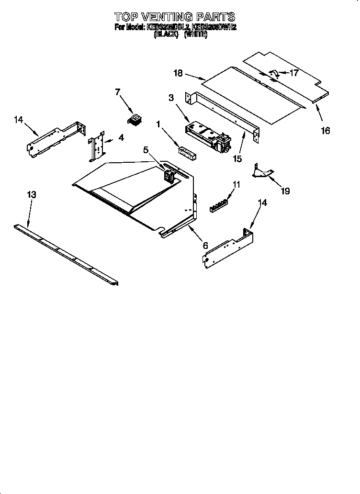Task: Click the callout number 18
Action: (178, 73)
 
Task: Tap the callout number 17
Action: (293, 73)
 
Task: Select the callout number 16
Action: (325, 131)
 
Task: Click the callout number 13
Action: (31, 195)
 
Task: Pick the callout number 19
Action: (285, 191)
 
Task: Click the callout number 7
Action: (117, 92)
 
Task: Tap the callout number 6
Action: (205, 246)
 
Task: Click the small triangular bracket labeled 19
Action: (262, 172)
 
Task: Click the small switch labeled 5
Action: (169, 175)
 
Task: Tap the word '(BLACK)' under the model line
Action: (166, 35)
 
